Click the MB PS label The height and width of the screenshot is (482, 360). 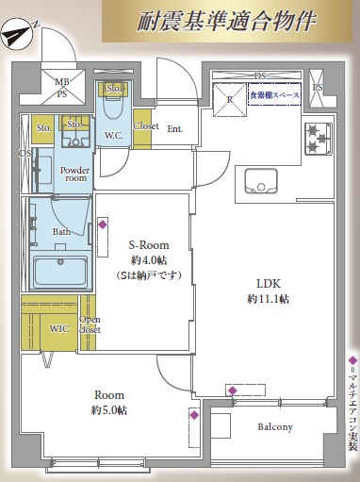[x=62, y=88]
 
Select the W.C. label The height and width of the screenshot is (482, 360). [x=113, y=134]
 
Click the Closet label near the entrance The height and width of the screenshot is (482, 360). [x=146, y=125]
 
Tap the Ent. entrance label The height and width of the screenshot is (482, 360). [x=175, y=129]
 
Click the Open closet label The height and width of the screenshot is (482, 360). [x=90, y=325]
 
